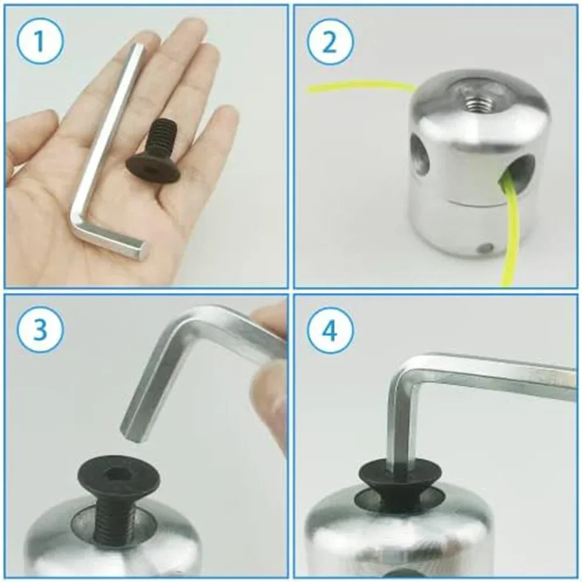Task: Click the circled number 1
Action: (41, 41)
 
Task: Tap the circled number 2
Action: (330, 41)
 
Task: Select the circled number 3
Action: (41, 329)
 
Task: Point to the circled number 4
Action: (330, 330)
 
